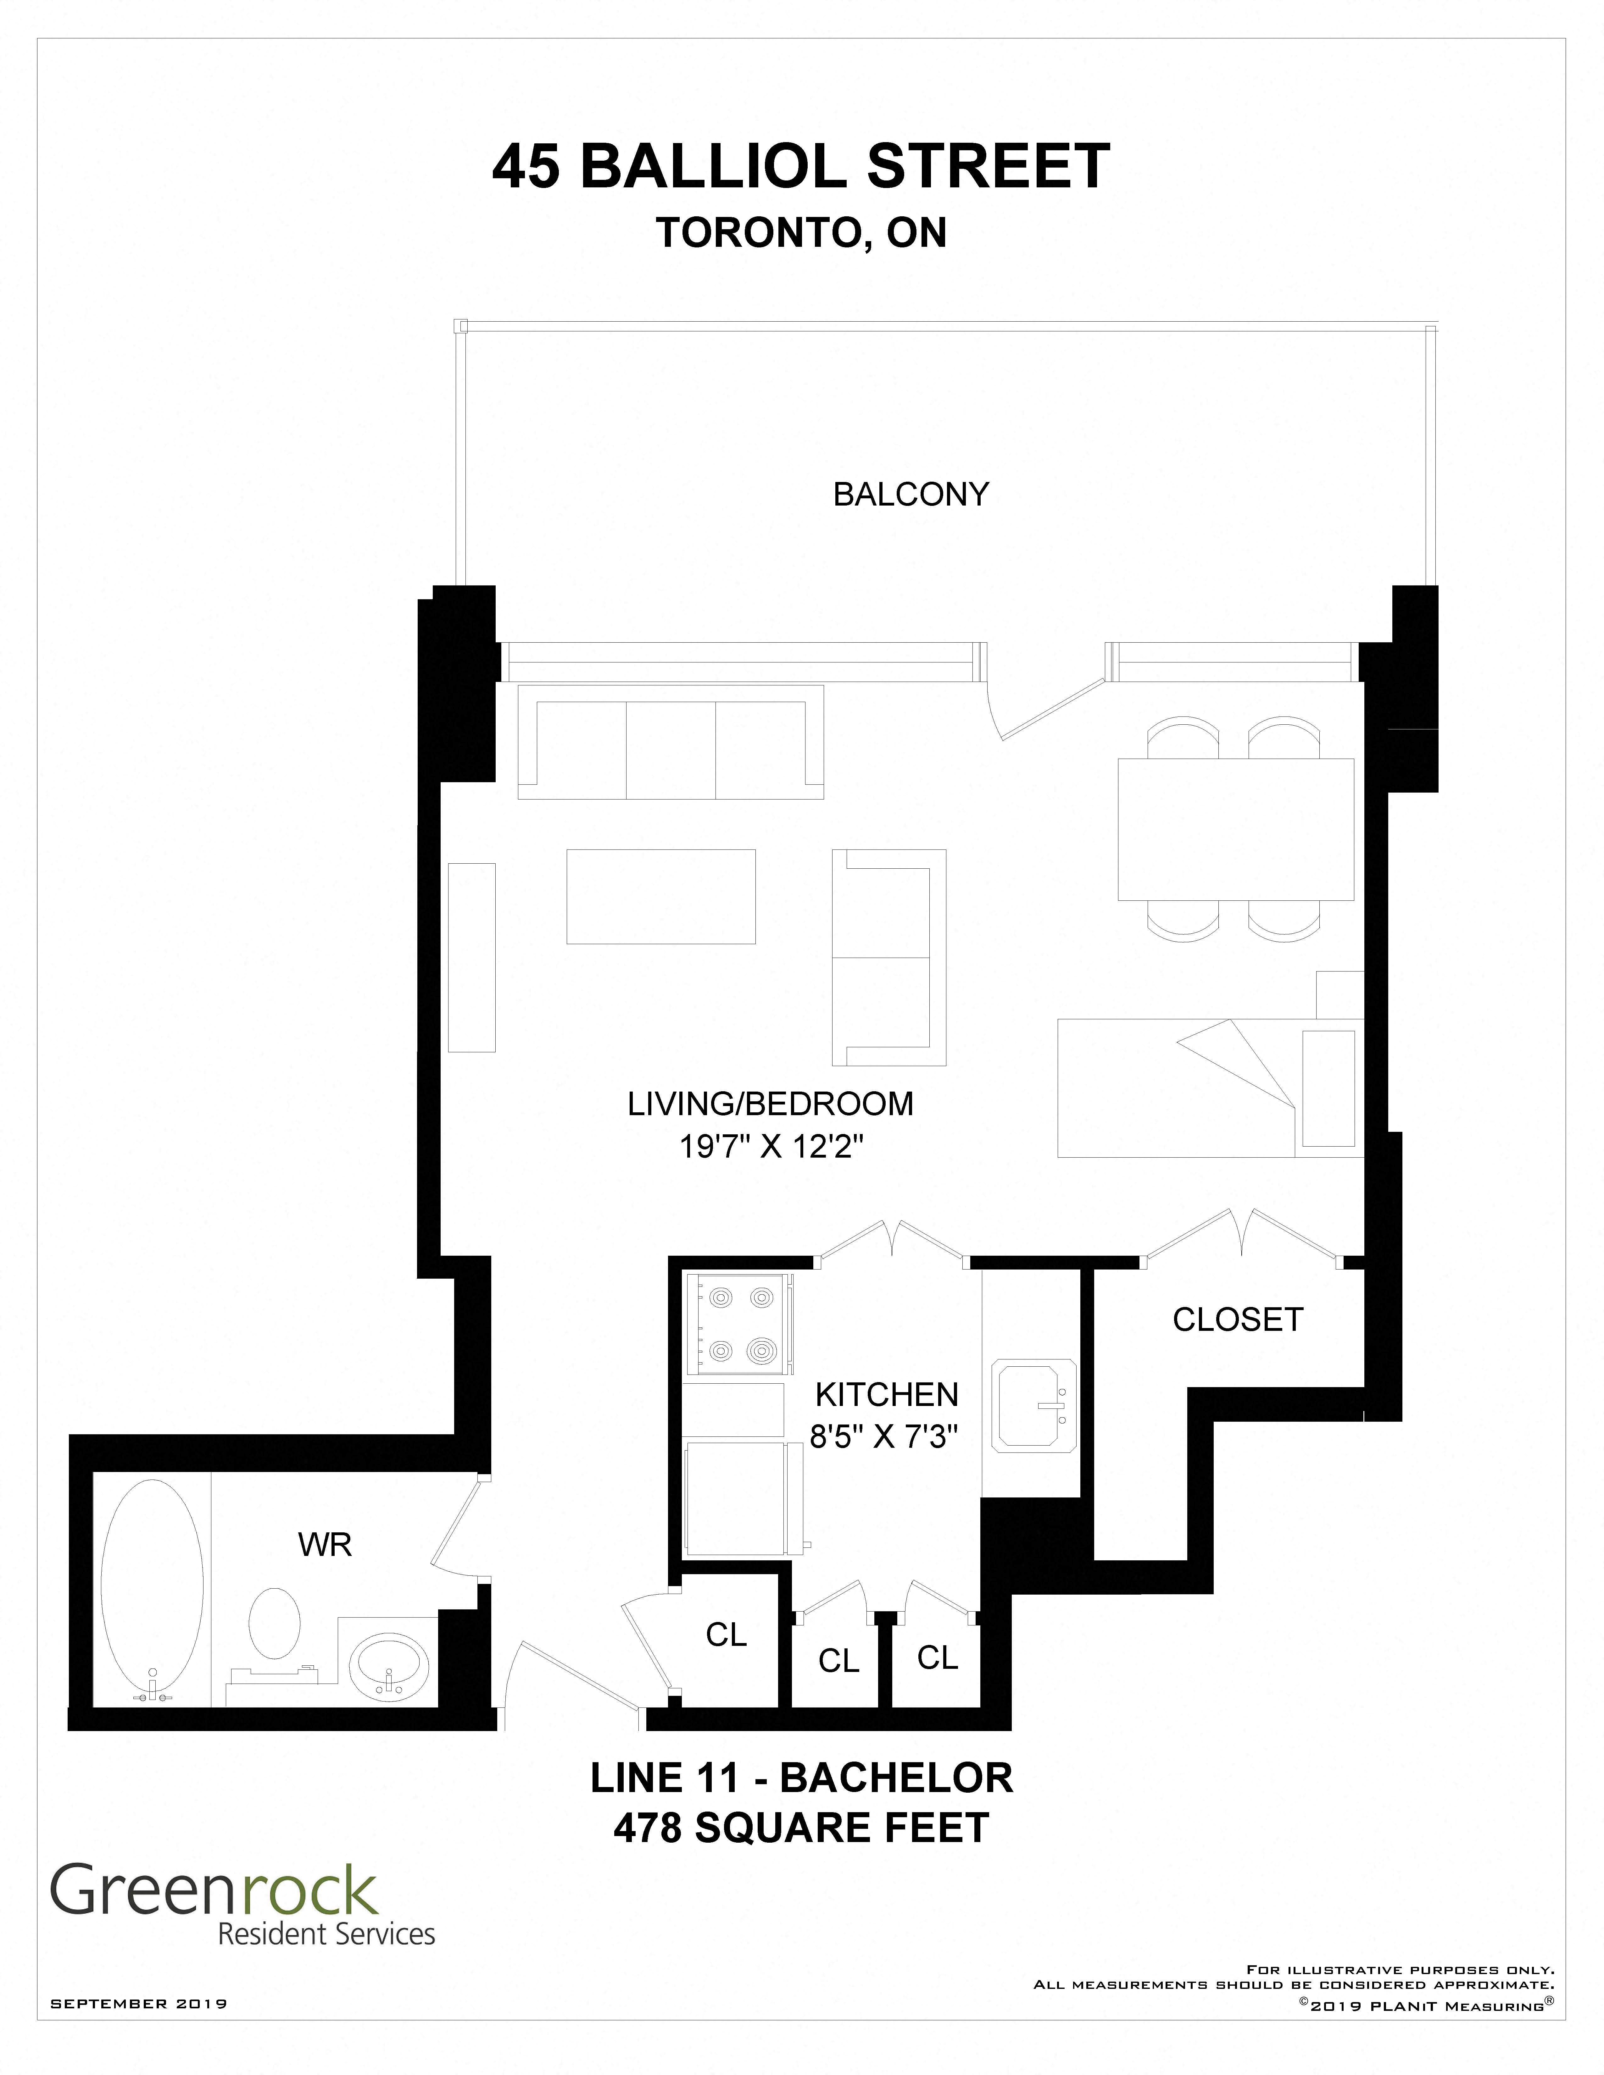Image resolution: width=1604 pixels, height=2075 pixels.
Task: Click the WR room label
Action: (x=325, y=1545)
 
